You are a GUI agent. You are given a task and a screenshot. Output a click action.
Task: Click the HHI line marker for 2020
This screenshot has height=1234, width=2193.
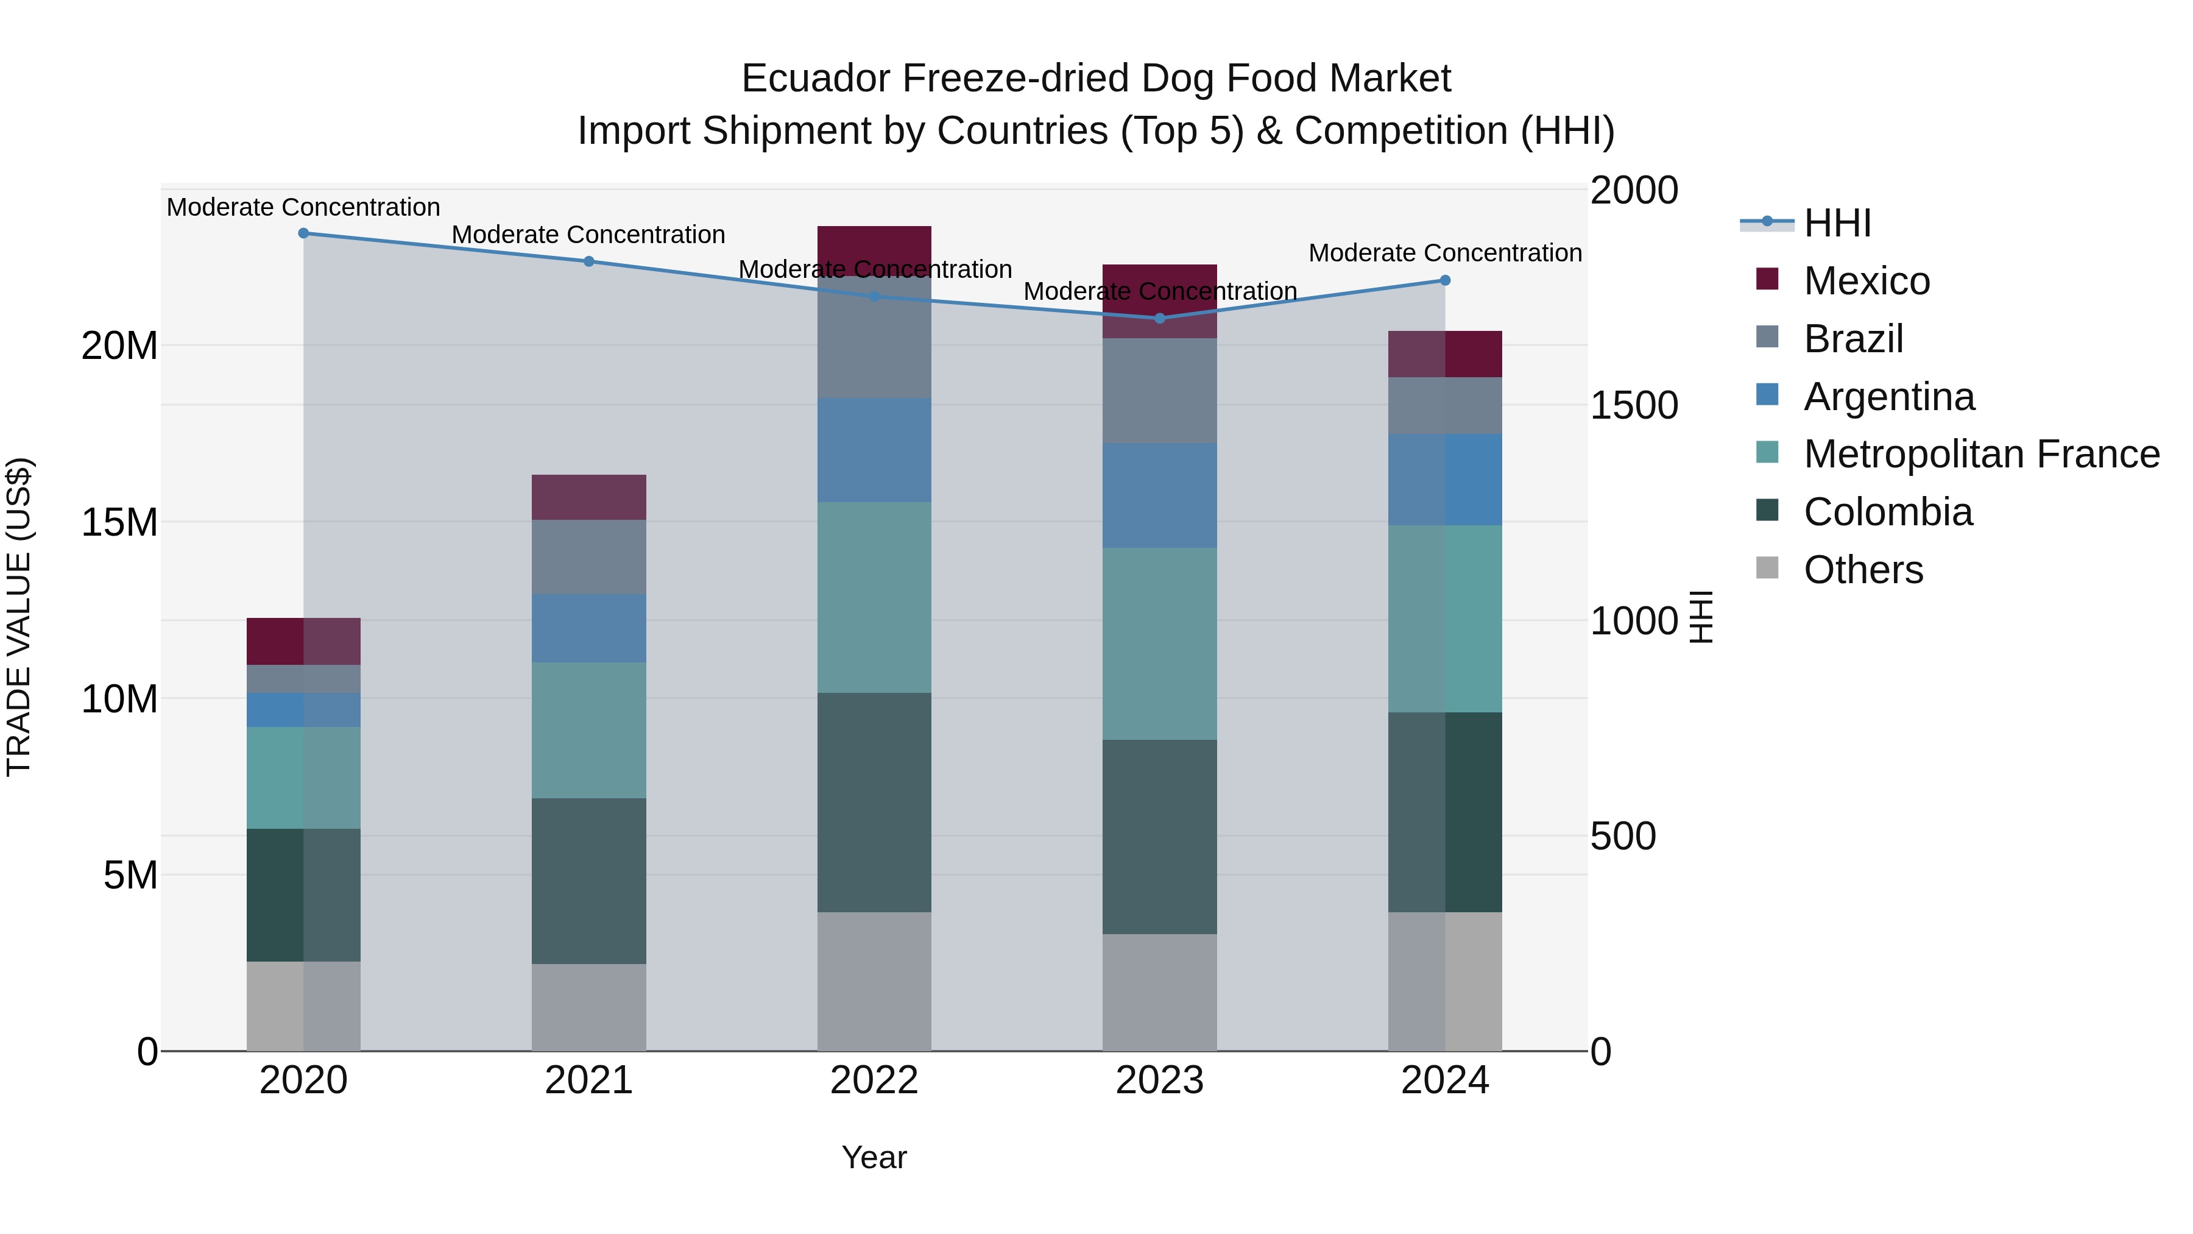(x=303, y=233)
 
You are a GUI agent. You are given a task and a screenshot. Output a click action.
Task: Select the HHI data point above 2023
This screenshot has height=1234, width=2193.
(x=1159, y=319)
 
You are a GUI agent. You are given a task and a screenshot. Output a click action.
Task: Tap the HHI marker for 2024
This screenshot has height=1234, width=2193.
(x=1445, y=280)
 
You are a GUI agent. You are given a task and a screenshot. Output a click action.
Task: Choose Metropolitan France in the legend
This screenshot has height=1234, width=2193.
(x=1980, y=454)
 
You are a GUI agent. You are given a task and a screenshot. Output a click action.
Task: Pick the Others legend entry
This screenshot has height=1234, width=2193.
(x=1863, y=570)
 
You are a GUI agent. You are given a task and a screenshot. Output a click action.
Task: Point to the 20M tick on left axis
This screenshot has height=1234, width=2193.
(x=119, y=346)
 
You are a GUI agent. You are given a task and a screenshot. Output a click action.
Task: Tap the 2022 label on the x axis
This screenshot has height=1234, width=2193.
(x=874, y=1080)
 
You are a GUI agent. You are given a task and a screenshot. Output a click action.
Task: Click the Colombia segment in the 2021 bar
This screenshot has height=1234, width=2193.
(x=588, y=881)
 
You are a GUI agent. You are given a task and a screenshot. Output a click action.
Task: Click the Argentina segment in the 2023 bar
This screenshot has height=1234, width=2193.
(x=1159, y=495)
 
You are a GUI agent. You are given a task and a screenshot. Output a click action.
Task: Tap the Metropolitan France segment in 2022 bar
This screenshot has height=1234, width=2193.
(x=874, y=597)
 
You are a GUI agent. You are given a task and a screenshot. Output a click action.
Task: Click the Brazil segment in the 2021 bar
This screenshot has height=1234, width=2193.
(x=588, y=557)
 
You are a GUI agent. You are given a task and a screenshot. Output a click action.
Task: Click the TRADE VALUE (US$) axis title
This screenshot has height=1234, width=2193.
(x=19, y=617)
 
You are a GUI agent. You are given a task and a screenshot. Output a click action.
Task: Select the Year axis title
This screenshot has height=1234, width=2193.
(x=874, y=1157)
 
